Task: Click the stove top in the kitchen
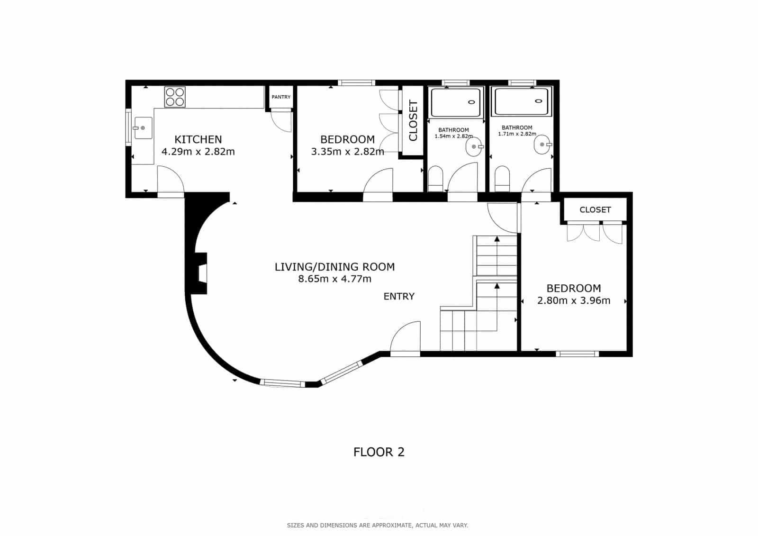coord(175,97)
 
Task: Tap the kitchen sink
coord(143,128)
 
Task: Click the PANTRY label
coord(281,97)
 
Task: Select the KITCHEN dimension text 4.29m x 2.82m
coord(198,152)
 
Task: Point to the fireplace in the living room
coord(202,273)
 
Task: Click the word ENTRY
coord(399,297)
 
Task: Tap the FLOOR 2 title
coord(379,452)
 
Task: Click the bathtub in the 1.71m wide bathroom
coord(521,102)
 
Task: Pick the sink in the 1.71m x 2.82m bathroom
coord(542,145)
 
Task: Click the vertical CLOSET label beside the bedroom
coord(413,121)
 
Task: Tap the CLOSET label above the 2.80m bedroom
coord(595,210)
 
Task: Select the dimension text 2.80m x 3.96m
coord(574,300)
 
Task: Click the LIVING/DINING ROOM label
coord(334,267)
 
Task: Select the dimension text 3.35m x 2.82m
coord(347,152)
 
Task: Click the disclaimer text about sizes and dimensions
coord(377,525)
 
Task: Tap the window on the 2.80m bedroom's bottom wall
coord(577,354)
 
